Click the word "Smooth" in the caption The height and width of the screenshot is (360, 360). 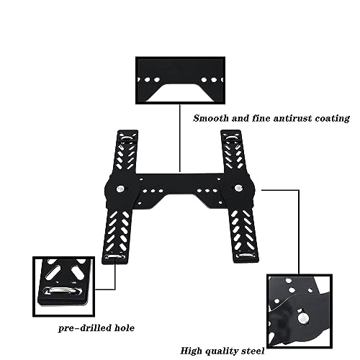211,118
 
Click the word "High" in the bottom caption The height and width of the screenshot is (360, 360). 191,351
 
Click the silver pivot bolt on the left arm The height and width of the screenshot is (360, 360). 120,189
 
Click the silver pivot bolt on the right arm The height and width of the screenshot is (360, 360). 238,187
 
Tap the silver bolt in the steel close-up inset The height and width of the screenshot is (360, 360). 303,318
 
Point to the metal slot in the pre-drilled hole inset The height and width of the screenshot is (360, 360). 63,290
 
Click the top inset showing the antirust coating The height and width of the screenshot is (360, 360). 180,81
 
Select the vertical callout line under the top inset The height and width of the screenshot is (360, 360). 180,138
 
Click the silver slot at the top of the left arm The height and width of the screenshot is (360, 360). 127,138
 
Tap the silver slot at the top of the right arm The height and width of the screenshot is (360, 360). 231,138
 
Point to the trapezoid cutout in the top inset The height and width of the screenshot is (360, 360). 180,93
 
